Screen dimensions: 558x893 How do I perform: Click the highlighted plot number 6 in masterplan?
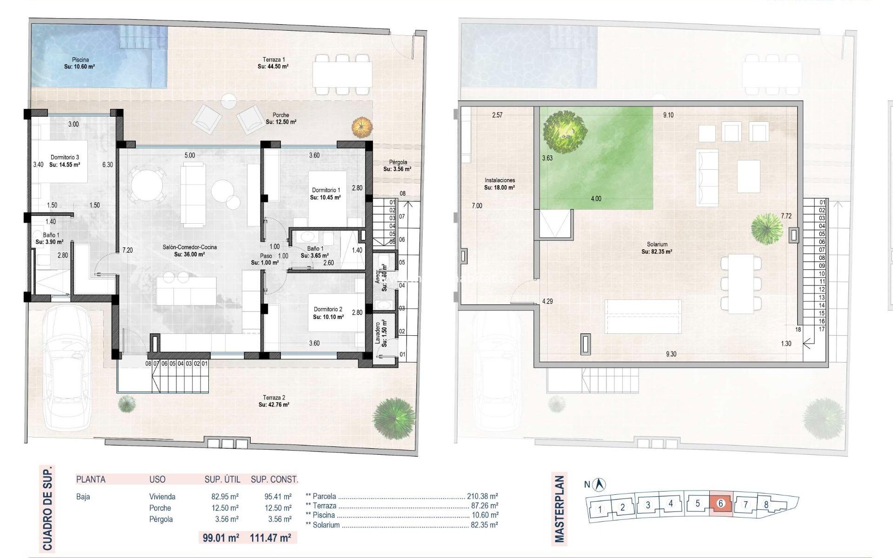pyautogui.click(x=720, y=503)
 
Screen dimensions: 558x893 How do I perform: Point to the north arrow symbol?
pyautogui.click(x=600, y=485)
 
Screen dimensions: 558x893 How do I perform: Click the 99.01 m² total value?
pyautogui.click(x=221, y=538)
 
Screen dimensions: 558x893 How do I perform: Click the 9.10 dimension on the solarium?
pyautogui.click(x=668, y=115)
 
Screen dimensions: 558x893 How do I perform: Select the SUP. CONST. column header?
pyautogui.click(x=274, y=479)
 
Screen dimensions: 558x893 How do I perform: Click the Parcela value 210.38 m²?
pyautogui.click(x=482, y=496)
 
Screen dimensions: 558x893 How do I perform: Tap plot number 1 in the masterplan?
pyautogui.click(x=600, y=509)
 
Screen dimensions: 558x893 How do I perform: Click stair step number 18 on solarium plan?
pyautogui.click(x=798, y=329)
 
